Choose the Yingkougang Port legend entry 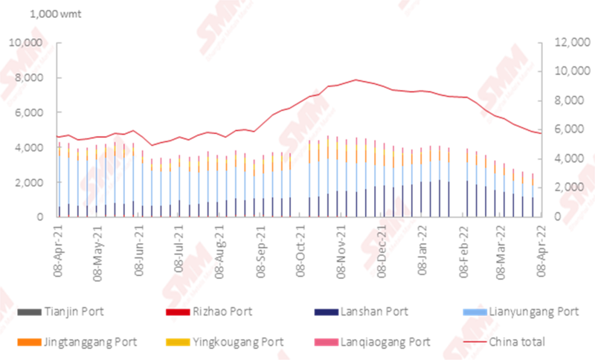click(237, 342)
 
